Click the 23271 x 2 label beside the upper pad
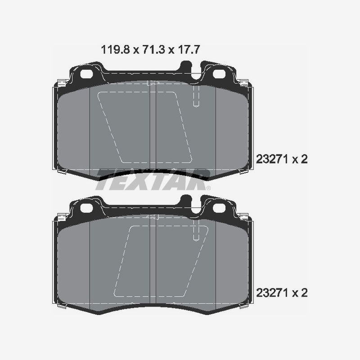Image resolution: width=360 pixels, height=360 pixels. click(x=281, y=159)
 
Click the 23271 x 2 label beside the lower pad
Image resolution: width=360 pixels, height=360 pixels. click(x=281, y=293)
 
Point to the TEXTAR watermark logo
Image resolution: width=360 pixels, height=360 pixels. click(x=153, y=180)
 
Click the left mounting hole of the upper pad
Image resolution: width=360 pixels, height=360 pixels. click(x=86, y=74)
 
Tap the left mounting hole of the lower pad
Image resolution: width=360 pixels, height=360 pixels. click(x=86, y=207)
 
